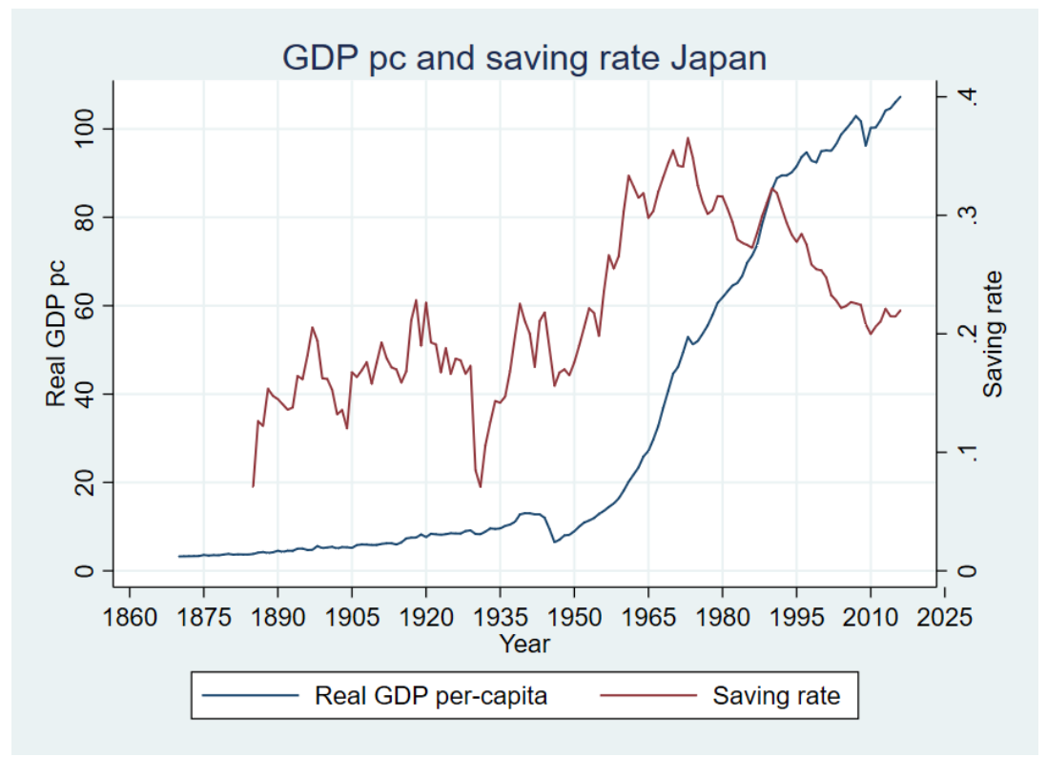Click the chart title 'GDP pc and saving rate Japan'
pyautogui.click(x=524, y=58)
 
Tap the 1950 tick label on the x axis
pyautogui.click(x=573, y=616)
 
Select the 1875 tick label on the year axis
pyautogui.click(x=203, y=616)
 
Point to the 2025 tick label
pyautogui.click(x=944, y=616)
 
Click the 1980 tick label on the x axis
pyautogui.click(x=722, y=616)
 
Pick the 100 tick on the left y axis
pyautogui.click(x=91, y=129)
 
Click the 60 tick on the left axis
pyautogui.click(x=91, y=305)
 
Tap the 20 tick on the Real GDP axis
pyautogui.click(x=91, y=482)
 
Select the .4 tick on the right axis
pyautogui.click(x=969, y=96)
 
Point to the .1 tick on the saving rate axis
pyautogui.click(x=969, y=452)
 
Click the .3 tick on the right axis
pyautogui.click(x=969, y=215)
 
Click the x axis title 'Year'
pyautogui.click(x=524, y=644)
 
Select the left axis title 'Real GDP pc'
pyautogui.click(x=57, y=331)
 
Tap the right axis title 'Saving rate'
pyautogui.click(x=995, y=333)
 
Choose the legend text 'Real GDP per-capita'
pyautogui.click(x=431, y=696)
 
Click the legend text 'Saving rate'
pyautogui.click(x=776, y=696)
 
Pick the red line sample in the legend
pyautogui.click(x=649, y=696)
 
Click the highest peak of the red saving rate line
pyautogui.click(x=688, y=137)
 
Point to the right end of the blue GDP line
pyautogui.click(x=900, y=96)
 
